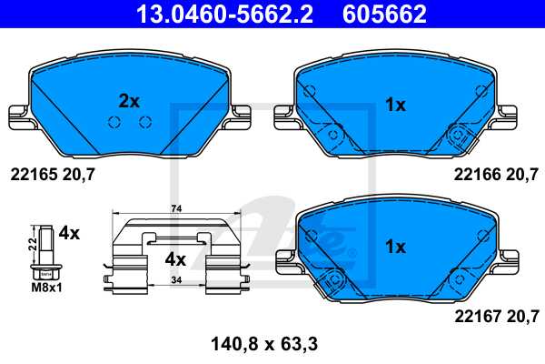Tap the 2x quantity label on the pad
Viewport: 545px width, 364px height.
tap(130, 101)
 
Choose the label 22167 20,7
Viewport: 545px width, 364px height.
tap(496, 316)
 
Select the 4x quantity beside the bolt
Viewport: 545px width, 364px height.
tap(70, 233)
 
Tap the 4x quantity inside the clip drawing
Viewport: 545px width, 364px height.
tap(174, 258)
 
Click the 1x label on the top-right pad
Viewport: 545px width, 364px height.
tap(394, 105)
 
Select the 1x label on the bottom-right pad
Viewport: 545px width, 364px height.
tap(394, 247)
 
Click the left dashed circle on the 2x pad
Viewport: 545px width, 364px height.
tap(114, 123)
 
